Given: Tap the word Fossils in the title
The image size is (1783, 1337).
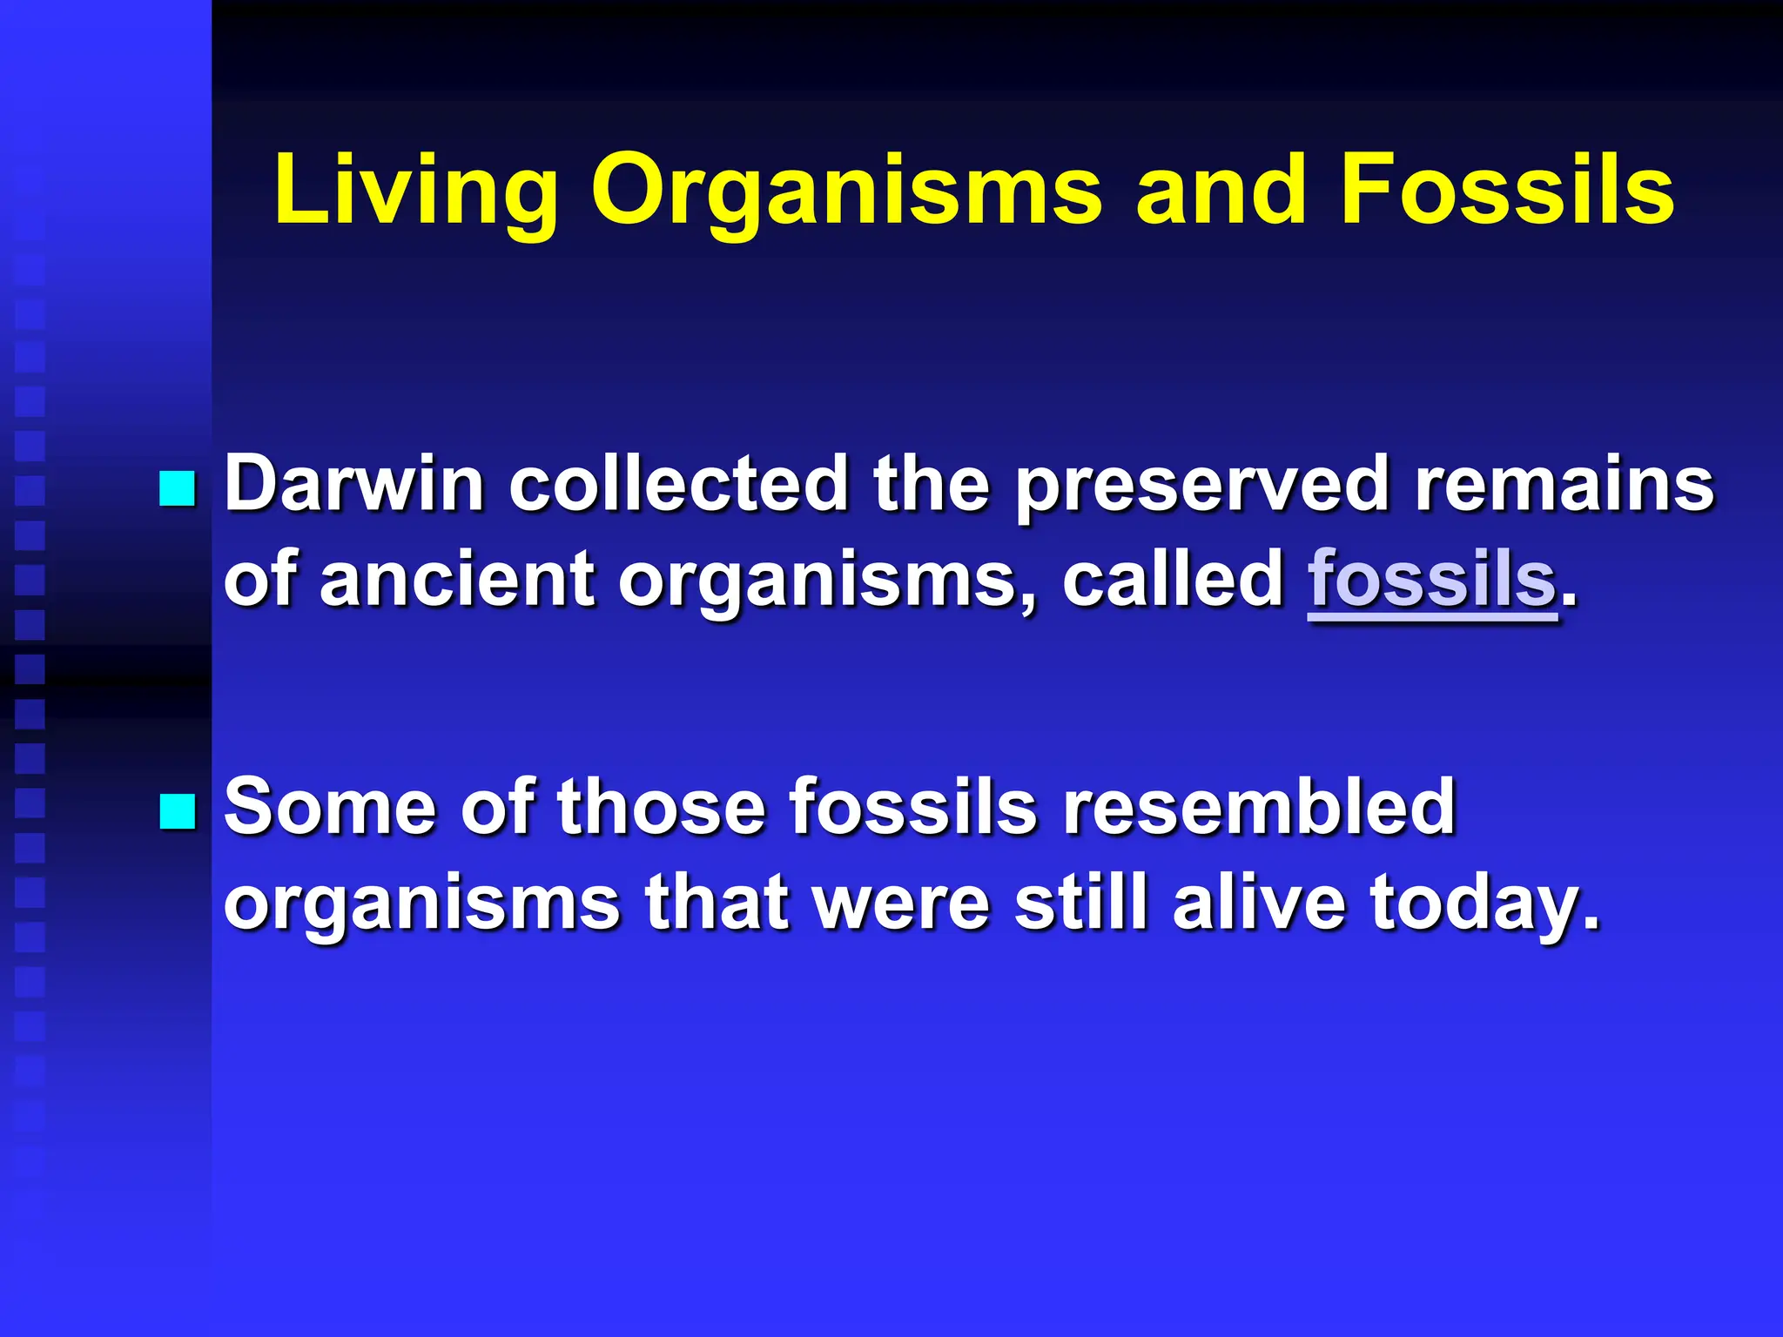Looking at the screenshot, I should [x=1507, y=190].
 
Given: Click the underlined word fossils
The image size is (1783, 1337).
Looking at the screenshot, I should [x=1431, y=578].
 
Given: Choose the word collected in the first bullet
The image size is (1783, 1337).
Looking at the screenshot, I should [x=678, y=484].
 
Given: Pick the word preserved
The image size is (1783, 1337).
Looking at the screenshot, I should [x=1202, y=486].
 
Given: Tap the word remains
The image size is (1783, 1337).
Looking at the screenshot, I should [x=1564, y=484].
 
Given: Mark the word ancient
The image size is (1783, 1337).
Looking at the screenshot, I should [x=456, y=578].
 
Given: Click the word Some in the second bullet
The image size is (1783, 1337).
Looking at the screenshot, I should [x=330, y=807].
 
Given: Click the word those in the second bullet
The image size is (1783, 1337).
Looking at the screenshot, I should [x=661, y=807].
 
